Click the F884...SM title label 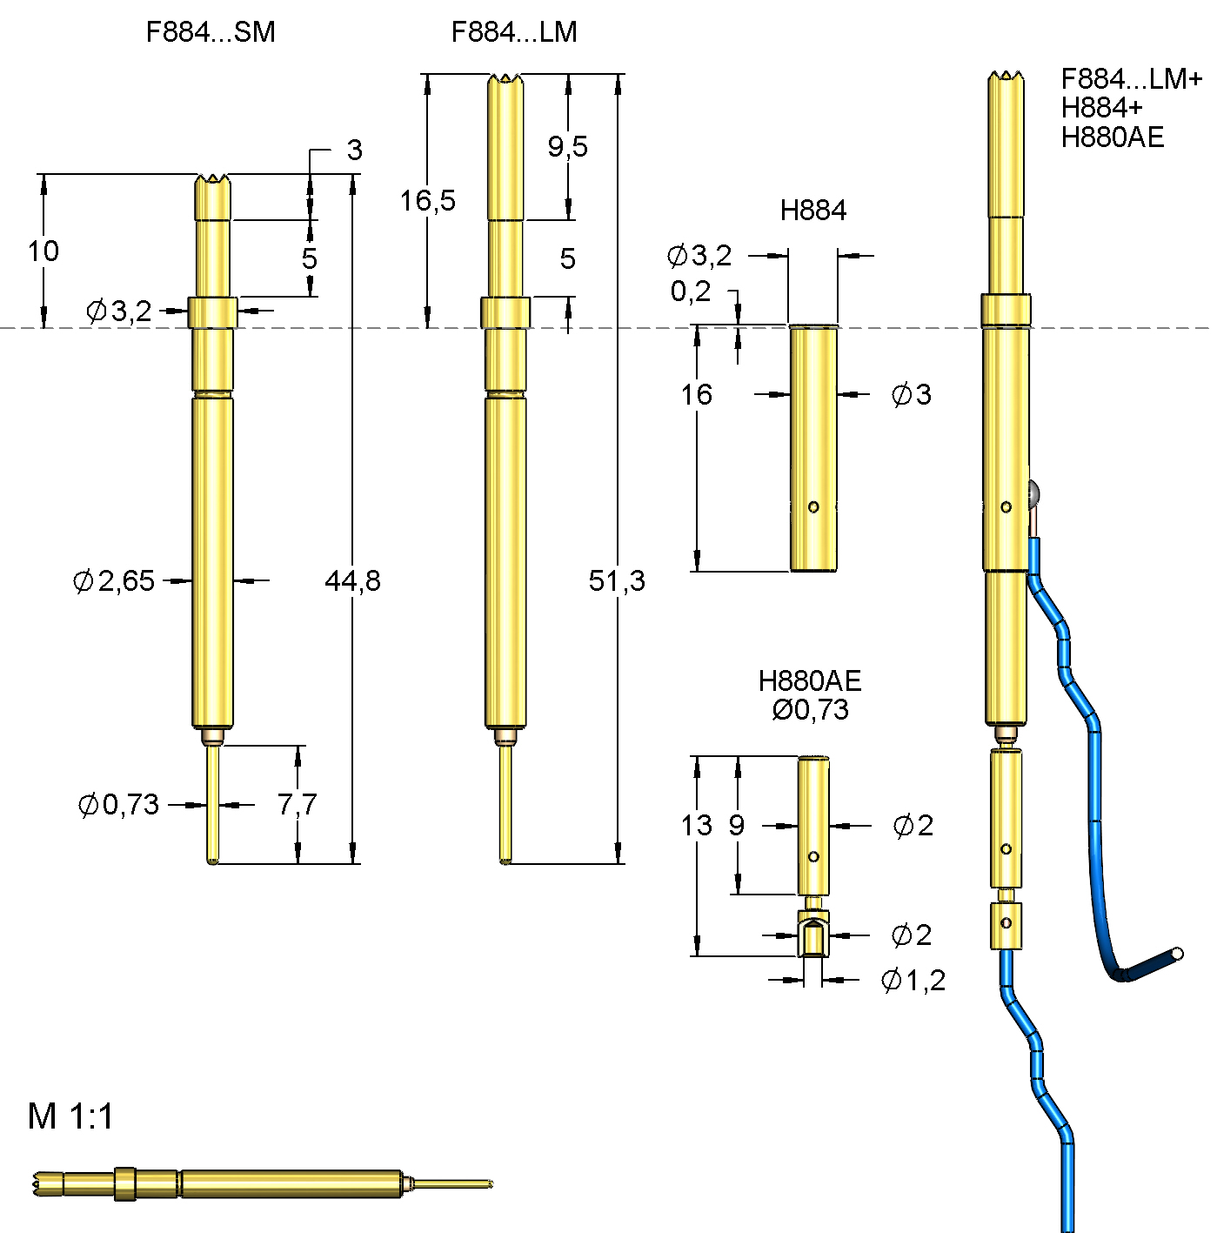pos(211,32)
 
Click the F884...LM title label pos(514,32)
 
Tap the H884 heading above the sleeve pos(812,211)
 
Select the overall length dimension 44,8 pos(352,580)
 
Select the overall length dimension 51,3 pos(617,580)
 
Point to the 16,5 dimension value pos(427,201)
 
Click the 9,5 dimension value pos(567,146)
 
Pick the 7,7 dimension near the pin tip pos(297,804)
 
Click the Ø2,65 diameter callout pos(114,580)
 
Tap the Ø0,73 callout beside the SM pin pos(119,805)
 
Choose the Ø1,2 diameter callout pos(913,981)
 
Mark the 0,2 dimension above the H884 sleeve pos(691,291)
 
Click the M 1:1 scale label pos(70,1116)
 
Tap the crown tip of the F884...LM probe pos(505,81)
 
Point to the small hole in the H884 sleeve pos(813,507)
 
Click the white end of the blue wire pos(1178,954)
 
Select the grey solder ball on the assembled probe pos(1034,496)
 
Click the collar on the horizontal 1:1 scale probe pos(125,1183)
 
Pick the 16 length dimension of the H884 pos(696,395)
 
